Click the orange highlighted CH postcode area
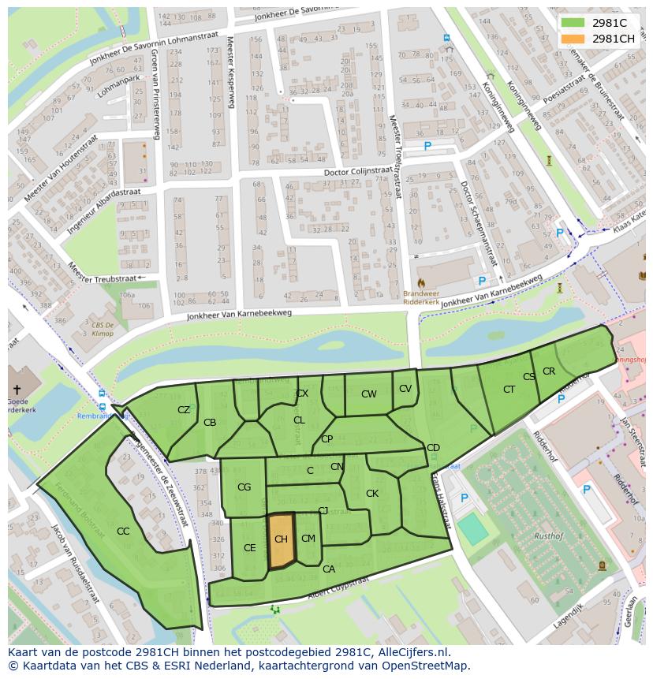click(281, 540)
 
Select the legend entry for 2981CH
click(613, 39)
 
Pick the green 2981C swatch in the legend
click(573, 23)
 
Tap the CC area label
click(123, 532)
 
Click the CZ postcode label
click(184, 410)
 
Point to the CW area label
click(368, 394)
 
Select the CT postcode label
click(509, 390)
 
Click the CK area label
click(372, 494)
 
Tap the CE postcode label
click(250, 548)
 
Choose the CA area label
click(329, 569)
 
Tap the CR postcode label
click(549, 371)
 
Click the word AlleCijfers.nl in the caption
click(410, 653)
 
